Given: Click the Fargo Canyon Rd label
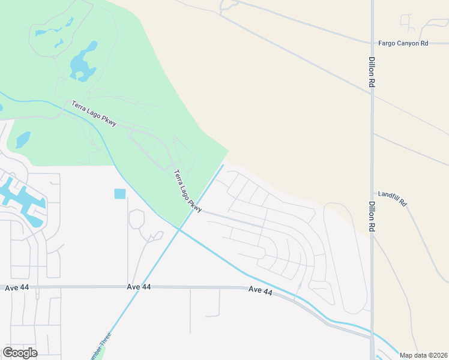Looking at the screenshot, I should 403,43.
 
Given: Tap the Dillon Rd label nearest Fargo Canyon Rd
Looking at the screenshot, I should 372,73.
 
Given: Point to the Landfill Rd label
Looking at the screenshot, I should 392,199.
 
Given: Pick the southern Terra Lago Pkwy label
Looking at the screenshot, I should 187,191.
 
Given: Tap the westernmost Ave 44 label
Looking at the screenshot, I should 17,288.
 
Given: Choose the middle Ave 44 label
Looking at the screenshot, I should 139,287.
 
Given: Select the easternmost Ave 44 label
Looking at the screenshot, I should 261,291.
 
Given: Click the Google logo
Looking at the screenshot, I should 20,353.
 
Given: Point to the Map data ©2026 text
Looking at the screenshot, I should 423,355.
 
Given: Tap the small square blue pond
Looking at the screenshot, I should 120,194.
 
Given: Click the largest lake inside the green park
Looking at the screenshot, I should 83,62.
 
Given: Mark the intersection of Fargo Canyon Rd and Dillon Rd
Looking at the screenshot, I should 372,43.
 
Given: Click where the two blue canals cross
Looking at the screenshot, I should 179,229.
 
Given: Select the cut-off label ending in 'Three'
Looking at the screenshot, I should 100,347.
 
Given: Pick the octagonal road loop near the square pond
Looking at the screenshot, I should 136,218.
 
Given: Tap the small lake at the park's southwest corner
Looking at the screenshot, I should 23,140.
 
